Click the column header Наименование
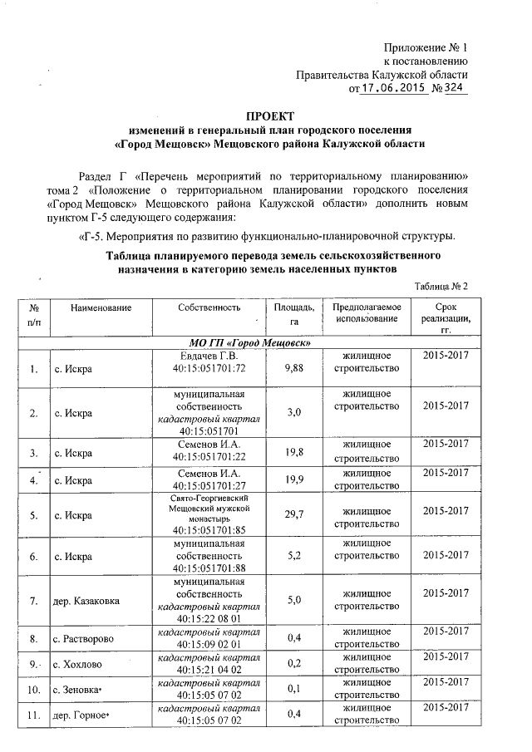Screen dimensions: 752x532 pos(101,307)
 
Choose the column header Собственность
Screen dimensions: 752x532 pos(208,307)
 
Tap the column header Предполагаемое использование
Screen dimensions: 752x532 pos(367,313)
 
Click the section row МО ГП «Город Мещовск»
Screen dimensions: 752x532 pos(244,343)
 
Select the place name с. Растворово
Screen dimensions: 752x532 pos(89,639)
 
